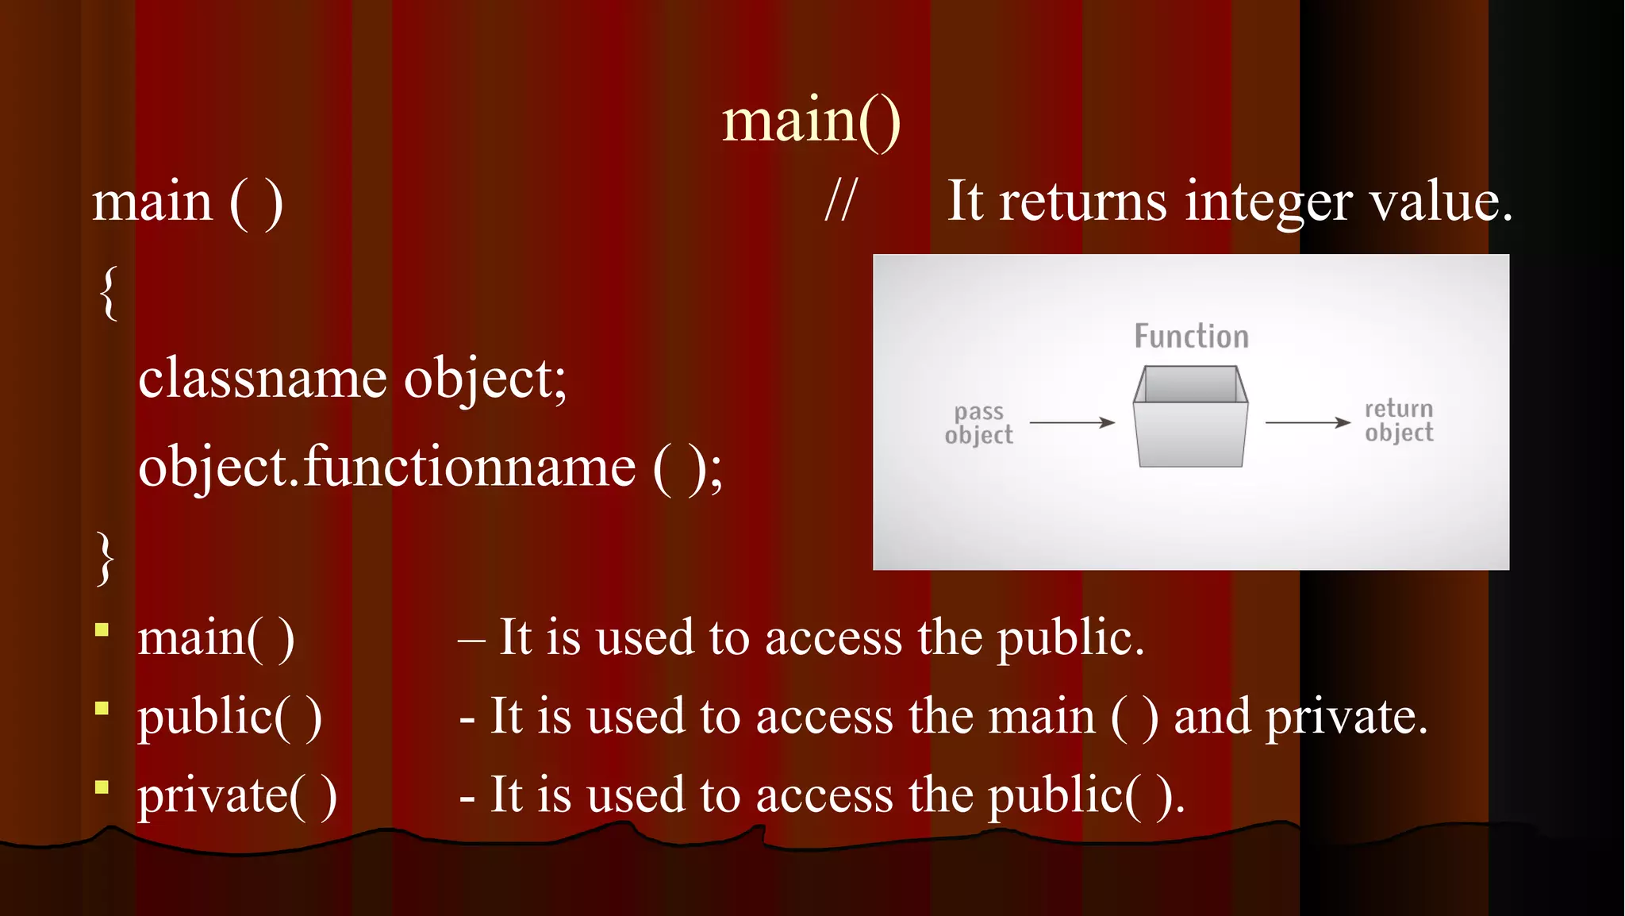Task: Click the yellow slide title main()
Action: pos(811,121)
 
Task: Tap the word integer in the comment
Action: pos(1268,202)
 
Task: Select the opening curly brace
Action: pos(109,293)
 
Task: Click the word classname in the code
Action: pos(262,378)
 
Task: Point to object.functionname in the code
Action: pos(386,467)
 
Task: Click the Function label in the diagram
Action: pos(1191,337)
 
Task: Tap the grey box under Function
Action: pos(1190,417)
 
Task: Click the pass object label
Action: pos(979,423)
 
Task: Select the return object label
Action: pos(1399,421)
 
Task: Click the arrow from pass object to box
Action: pos(1072,422)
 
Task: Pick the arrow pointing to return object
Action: pos(1307,422)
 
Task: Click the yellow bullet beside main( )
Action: pos(102,630)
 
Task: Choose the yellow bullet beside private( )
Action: pos(102,787)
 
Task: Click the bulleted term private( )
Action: pos(236,795)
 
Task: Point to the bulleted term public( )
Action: pos(229,717)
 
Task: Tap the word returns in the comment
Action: pos(1082,202)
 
